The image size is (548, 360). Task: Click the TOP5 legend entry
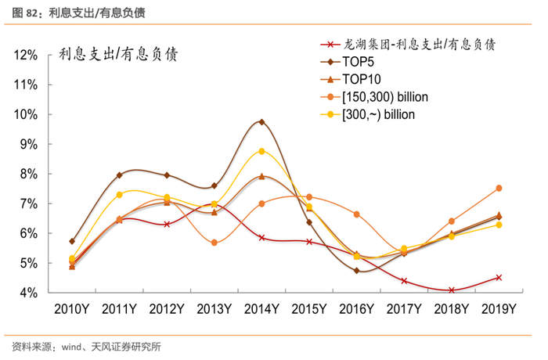tap(359, 61)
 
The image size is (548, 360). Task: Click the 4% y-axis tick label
tap(29, 293)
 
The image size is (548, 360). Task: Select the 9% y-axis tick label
tap(29, 145)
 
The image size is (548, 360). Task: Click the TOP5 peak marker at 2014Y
tap(261, 122)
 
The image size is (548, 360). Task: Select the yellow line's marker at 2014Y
tap(261, 151)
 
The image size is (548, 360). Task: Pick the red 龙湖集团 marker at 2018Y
tap(451, 290)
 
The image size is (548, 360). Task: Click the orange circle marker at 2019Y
tap(498, 189)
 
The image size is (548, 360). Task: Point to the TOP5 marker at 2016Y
tap(356, 271)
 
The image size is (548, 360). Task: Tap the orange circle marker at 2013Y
tap(214, 243)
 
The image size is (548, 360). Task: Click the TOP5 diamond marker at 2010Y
tap(72, 241)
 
